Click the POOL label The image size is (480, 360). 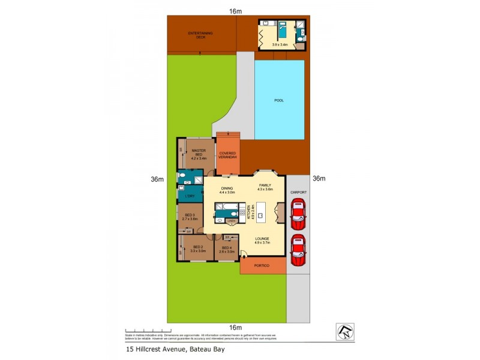[278, 100]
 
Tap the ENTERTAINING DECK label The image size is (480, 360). [200, 35]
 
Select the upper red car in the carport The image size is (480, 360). [298, 216]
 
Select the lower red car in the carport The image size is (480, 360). [298, 251]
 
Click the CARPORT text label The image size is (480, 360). [298, 192]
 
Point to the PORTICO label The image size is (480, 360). [262, 265]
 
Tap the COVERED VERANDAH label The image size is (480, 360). [227, 155]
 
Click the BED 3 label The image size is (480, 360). [190, 215]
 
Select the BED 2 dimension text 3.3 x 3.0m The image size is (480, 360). [198, 251]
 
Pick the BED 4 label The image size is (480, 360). [226, 247]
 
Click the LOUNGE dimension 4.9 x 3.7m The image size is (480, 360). [262, 243]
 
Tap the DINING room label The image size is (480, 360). [226, 188]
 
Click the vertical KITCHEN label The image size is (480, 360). [244, 213]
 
